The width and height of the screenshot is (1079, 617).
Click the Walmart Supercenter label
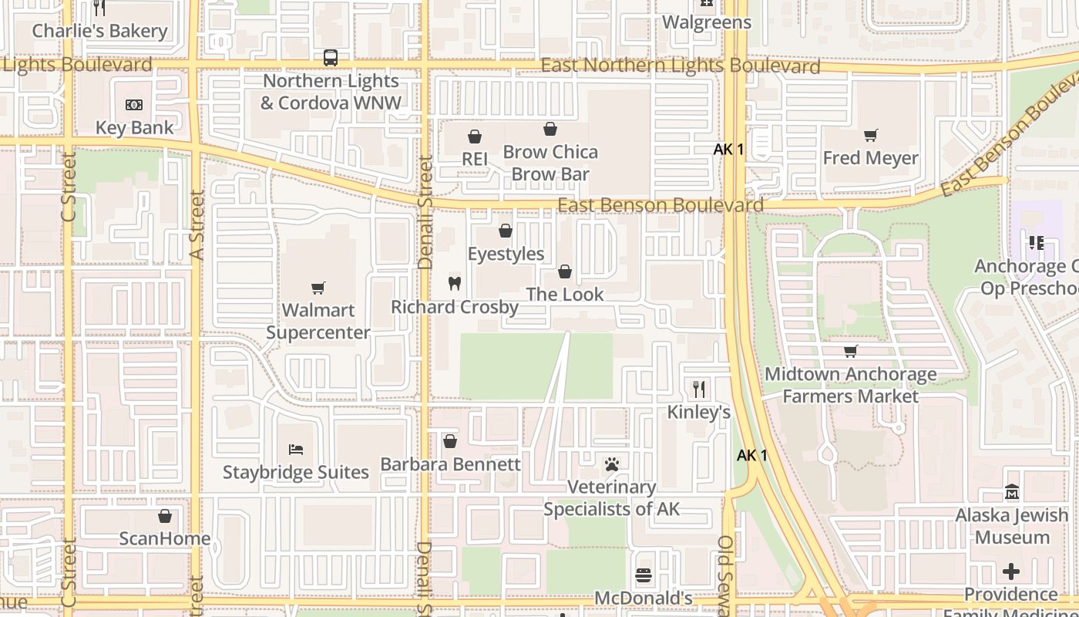point(318,322)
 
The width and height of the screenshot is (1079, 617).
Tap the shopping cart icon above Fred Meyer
point(871,136)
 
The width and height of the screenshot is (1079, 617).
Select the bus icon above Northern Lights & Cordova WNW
point(331,58)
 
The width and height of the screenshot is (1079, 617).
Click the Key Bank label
point(135,127)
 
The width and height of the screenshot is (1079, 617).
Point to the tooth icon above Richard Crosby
point(455,284)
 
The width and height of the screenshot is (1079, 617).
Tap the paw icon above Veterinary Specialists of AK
point(612,464)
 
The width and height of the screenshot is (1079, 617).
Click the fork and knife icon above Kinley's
point(699,389)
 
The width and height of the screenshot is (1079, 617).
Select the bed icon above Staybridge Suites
point(296,449)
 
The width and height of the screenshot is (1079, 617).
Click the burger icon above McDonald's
point(644,575)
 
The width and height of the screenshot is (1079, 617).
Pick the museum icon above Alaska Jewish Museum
point(1012,492)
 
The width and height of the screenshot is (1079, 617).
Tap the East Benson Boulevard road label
point(661,205)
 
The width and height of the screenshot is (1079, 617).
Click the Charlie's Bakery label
point(99,31)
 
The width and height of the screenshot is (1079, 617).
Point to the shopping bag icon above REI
point(475,137)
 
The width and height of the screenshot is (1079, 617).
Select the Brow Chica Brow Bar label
point(550,163)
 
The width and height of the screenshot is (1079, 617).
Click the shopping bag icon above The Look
point(565,271)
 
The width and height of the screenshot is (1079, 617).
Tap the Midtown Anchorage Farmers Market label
point(851,385)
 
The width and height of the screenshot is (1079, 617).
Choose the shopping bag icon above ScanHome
point(164,516)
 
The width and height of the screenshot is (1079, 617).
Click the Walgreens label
point(707,22)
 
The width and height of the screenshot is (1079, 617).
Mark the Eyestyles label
point(506,254)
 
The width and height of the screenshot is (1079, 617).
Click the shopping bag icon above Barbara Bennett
point(450,441)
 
